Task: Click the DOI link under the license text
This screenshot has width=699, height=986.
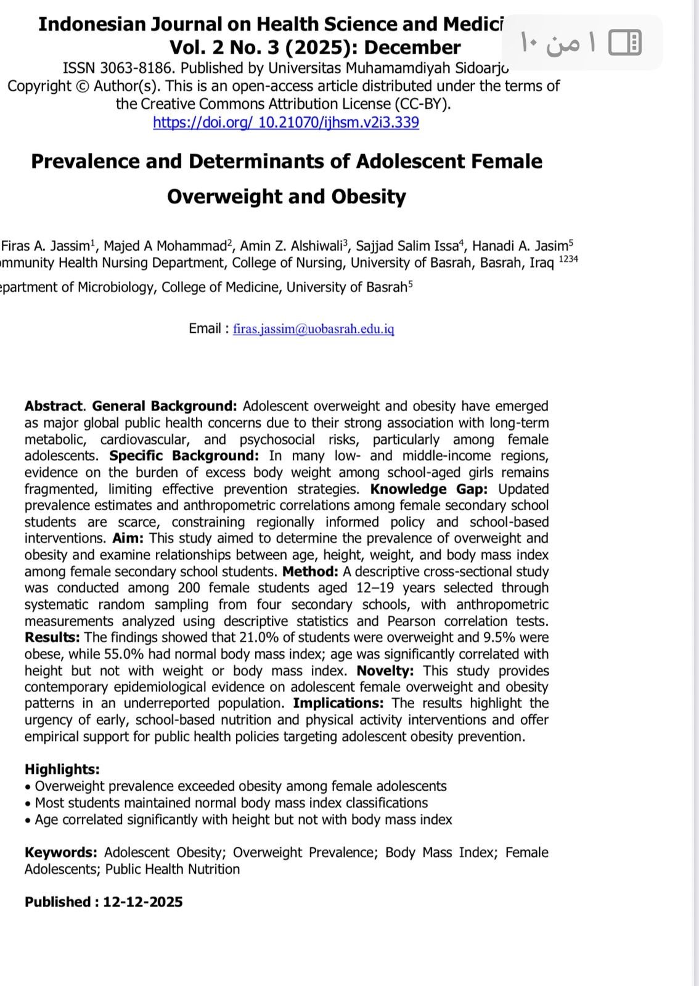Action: coord(285,122)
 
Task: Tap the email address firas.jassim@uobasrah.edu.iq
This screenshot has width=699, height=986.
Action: coord(313,328)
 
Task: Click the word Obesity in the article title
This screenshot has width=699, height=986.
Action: coord(369,197)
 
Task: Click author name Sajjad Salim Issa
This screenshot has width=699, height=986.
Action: coord(407,246)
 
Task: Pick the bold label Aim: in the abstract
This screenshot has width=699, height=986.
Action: coord(128,538)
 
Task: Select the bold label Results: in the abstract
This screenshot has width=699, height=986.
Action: coord(52,637)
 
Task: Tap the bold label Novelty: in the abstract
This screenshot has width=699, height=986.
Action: coord(385,670)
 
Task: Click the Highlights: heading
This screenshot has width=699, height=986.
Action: coord(62,769)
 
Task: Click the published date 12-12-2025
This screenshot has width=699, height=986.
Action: coord(142,902)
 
